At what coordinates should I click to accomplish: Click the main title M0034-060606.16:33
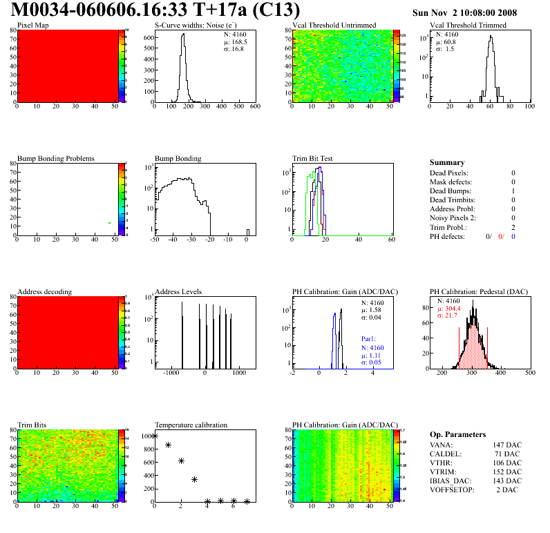pyautogui.click(x=156, y=10)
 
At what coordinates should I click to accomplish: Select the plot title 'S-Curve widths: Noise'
pyautogui.click(x=189, y=26)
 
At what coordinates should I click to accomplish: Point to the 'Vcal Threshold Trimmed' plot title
pyautogui.click(x=468, y=26)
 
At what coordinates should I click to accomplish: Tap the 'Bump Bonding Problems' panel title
pyautogui.click(x=56, y=158)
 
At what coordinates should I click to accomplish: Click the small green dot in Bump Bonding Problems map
pyautogui.click(x=109, y=223)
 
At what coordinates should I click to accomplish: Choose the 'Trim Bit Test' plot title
pyautogui.click(x=313, y=158)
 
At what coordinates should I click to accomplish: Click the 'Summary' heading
pyautogui.click(x=447, y=163)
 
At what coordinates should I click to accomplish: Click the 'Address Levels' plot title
pyautogui.click(x=178, y=292)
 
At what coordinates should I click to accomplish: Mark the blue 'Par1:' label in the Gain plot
pyautogui.click(x=370, y=339)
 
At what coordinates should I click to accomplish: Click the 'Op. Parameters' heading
pyautogui.click(x=457, y=434)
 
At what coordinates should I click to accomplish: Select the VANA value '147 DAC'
pyautogui.click(x=508, y=445)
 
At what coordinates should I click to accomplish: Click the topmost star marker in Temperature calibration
pyautogui.click(x=155, y=436)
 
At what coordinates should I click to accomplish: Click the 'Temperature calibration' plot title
pyautogui.click(x=191, y=425)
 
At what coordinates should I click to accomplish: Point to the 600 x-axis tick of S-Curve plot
pyautogui.click(x=255, y=106)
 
